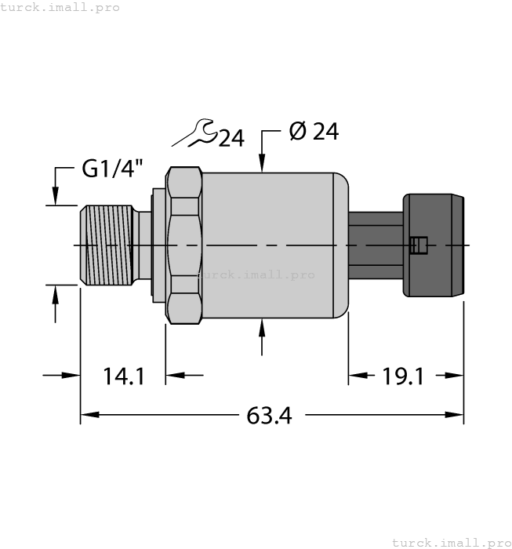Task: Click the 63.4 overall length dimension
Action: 269,416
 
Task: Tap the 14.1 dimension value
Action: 124,377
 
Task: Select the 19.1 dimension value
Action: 403,377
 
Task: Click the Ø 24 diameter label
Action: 314,132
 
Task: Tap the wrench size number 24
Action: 231,139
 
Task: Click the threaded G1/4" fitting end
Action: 105,245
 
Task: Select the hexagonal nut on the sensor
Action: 184,245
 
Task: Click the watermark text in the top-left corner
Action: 60,7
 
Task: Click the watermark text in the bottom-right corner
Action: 451,542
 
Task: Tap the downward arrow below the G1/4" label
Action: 55,195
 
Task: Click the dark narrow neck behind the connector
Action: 375,245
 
